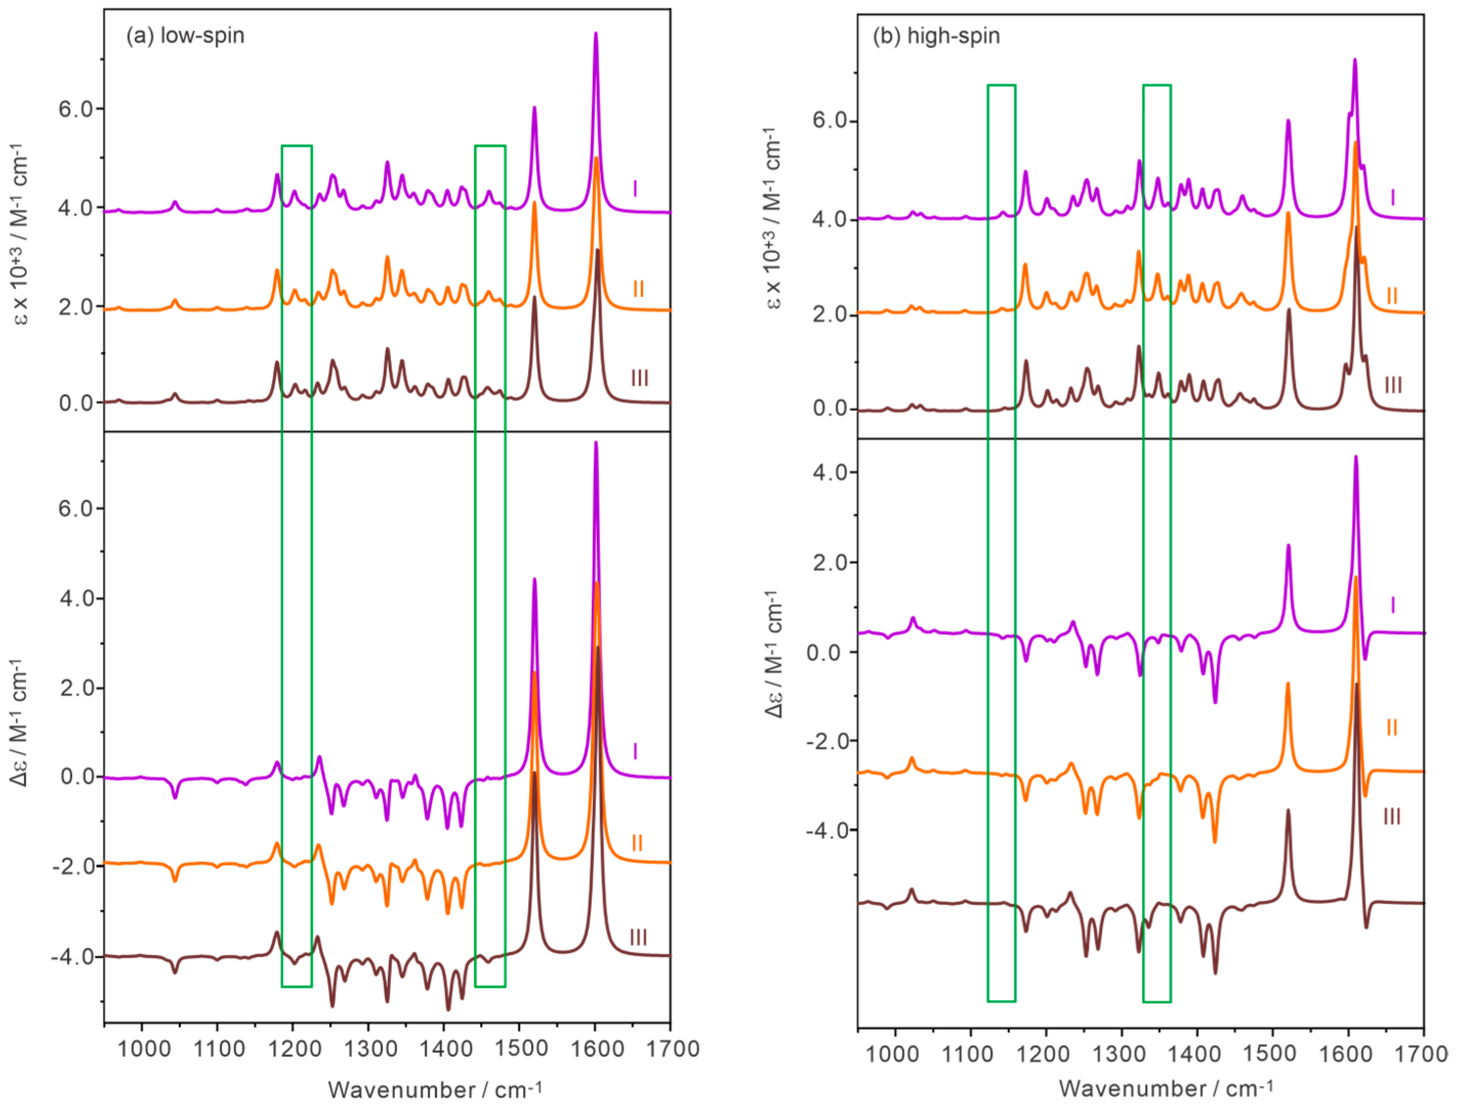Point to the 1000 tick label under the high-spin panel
895,1054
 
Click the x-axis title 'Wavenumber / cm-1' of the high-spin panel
1167,1088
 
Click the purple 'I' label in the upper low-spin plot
635,190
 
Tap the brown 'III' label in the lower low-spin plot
638,937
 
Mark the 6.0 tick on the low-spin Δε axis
76,509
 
